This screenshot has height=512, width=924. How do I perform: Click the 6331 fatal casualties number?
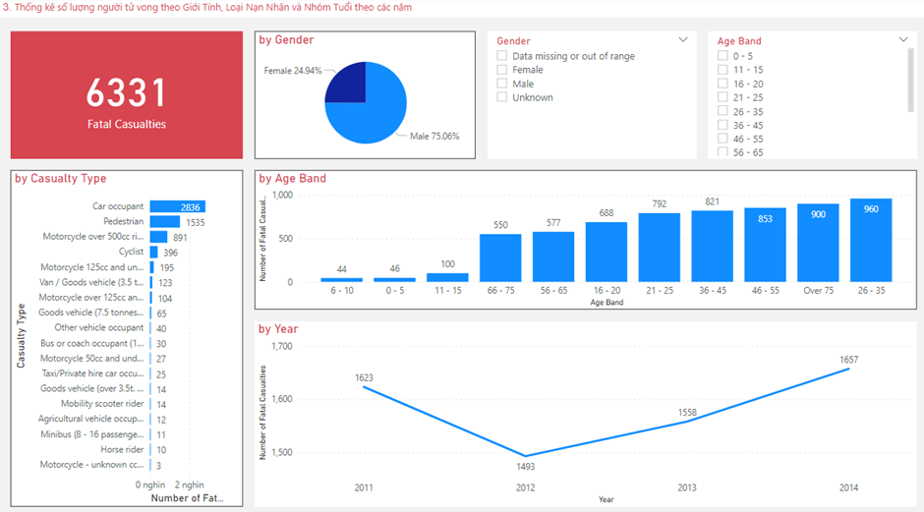point(126,92)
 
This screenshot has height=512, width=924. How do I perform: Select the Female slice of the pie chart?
point(345,84)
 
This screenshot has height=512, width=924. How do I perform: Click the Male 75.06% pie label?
point(433,136)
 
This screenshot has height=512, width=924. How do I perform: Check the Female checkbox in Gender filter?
point(502,70)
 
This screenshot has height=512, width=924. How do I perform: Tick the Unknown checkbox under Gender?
point(502,97)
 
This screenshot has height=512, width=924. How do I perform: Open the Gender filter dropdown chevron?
point(683,40)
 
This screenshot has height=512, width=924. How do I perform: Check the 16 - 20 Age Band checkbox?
point(722,84)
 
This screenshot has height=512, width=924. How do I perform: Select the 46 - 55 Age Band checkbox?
point(722,139)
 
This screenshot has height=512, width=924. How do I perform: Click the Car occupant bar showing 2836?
point(177,206)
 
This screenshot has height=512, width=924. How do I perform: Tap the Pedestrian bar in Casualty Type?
point(164,222)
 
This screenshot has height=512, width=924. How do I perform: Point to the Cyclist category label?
point(131,252)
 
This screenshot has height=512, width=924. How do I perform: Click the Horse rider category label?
point(122,449)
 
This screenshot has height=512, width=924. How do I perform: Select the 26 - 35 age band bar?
point(871,240)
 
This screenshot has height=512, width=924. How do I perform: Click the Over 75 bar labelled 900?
point(818,243)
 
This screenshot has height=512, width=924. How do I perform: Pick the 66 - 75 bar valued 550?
point(500,257)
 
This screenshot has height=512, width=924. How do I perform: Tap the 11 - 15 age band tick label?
point(447,292)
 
